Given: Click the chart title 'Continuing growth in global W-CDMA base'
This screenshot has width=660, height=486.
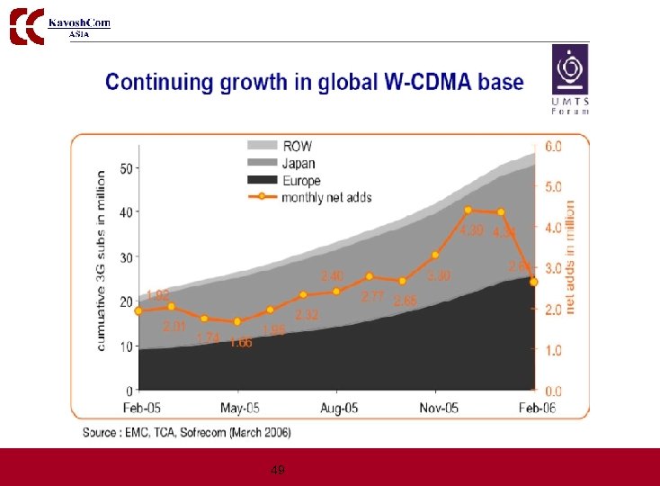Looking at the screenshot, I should [314, 83].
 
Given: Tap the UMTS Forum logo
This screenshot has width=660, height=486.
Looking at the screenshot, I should [570, 81].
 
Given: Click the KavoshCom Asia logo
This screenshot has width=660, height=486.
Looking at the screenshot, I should [59, 25].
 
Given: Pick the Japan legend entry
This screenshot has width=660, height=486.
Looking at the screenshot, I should [284, 164].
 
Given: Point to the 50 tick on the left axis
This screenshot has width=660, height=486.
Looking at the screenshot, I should [126, 168].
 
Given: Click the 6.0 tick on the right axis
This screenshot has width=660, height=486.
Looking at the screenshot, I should [555, 146].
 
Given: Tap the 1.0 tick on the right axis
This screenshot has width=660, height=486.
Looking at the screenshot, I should [555, 350].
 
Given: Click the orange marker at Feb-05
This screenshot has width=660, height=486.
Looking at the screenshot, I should [138, 310].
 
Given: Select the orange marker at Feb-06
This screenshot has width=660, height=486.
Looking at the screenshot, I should [534, 282].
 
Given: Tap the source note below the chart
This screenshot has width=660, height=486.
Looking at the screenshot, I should [187, 433].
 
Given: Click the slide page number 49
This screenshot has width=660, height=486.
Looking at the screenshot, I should [278, 470].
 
